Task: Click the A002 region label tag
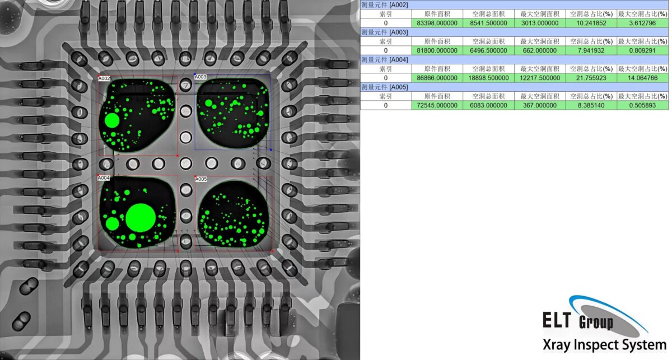104,79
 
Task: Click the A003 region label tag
200,77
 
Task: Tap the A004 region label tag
104,178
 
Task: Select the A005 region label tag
200,179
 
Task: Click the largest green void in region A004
141,218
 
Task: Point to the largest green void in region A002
112,120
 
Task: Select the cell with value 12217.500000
539,78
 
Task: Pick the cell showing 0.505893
642,105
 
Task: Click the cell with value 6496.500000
488,50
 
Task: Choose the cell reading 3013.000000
539,23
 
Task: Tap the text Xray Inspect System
605,345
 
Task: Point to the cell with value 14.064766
642,78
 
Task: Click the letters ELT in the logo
557,320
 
